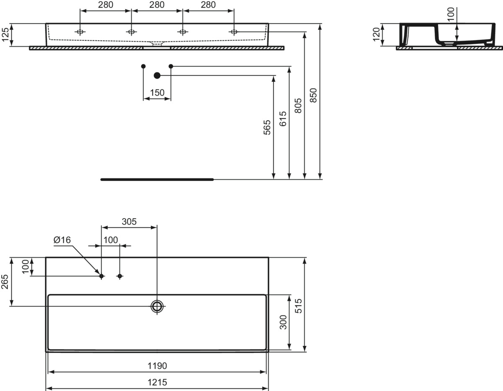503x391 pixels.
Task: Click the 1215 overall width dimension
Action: tap(157, 382)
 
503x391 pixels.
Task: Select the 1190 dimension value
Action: tap(157, 366)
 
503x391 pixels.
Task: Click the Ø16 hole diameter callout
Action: tap(62, 240)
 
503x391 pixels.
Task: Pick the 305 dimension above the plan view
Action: tap(129, 222)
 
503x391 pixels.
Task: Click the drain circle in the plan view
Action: tap(157, 306)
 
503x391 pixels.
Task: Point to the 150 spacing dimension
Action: tap(157, 93)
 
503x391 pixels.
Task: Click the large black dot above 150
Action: tap(157, 76)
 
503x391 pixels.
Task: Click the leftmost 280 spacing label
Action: tap(105, 5)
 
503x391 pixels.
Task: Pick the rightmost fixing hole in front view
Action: tap(234, 32)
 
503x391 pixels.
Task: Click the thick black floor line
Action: tap(157, 180)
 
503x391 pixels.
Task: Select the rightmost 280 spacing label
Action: tap(208, 5)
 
